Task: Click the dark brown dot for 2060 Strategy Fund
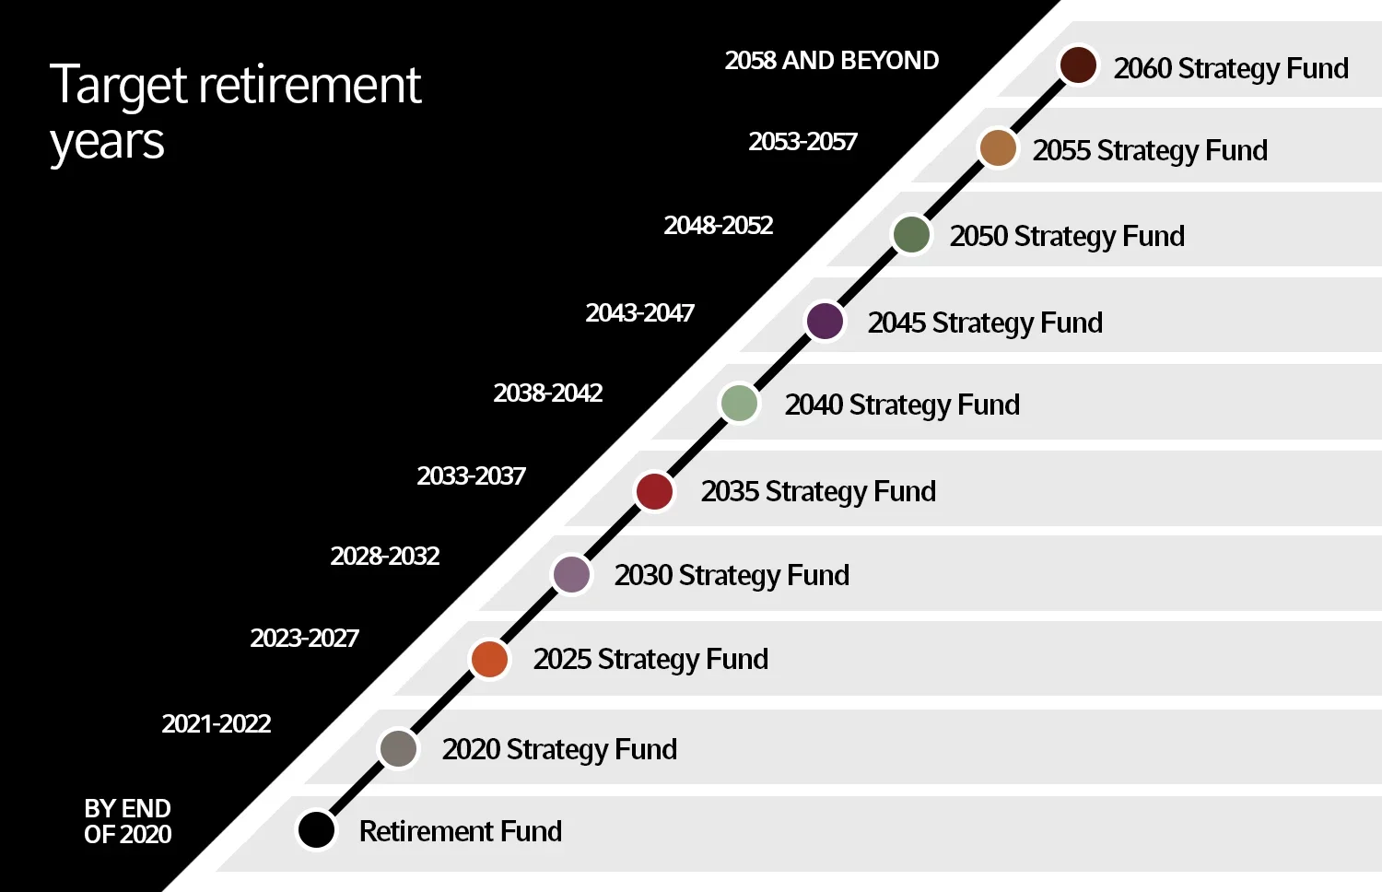[1077, 65]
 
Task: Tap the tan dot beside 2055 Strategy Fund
[997, 148]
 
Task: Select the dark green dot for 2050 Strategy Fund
[911, 234]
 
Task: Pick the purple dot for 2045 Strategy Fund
[825, 321]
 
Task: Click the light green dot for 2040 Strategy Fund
[739, 404]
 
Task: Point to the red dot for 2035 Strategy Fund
[654, 490]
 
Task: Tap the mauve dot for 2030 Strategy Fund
[571, 574]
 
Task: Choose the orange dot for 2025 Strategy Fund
[489, 659]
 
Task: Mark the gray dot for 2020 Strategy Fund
[399, 748]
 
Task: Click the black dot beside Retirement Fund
[316, 829]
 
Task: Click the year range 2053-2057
[802, 142]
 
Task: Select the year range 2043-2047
[639, 313]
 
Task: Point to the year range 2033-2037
[471, 476]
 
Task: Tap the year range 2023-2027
[304, 639]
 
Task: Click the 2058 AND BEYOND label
[831, 61]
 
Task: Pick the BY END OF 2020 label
[127, 821]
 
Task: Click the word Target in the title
[118, 86]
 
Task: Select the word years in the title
[107, 144]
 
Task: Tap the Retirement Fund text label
[460, 831]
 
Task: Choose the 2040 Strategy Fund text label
[902, 405]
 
